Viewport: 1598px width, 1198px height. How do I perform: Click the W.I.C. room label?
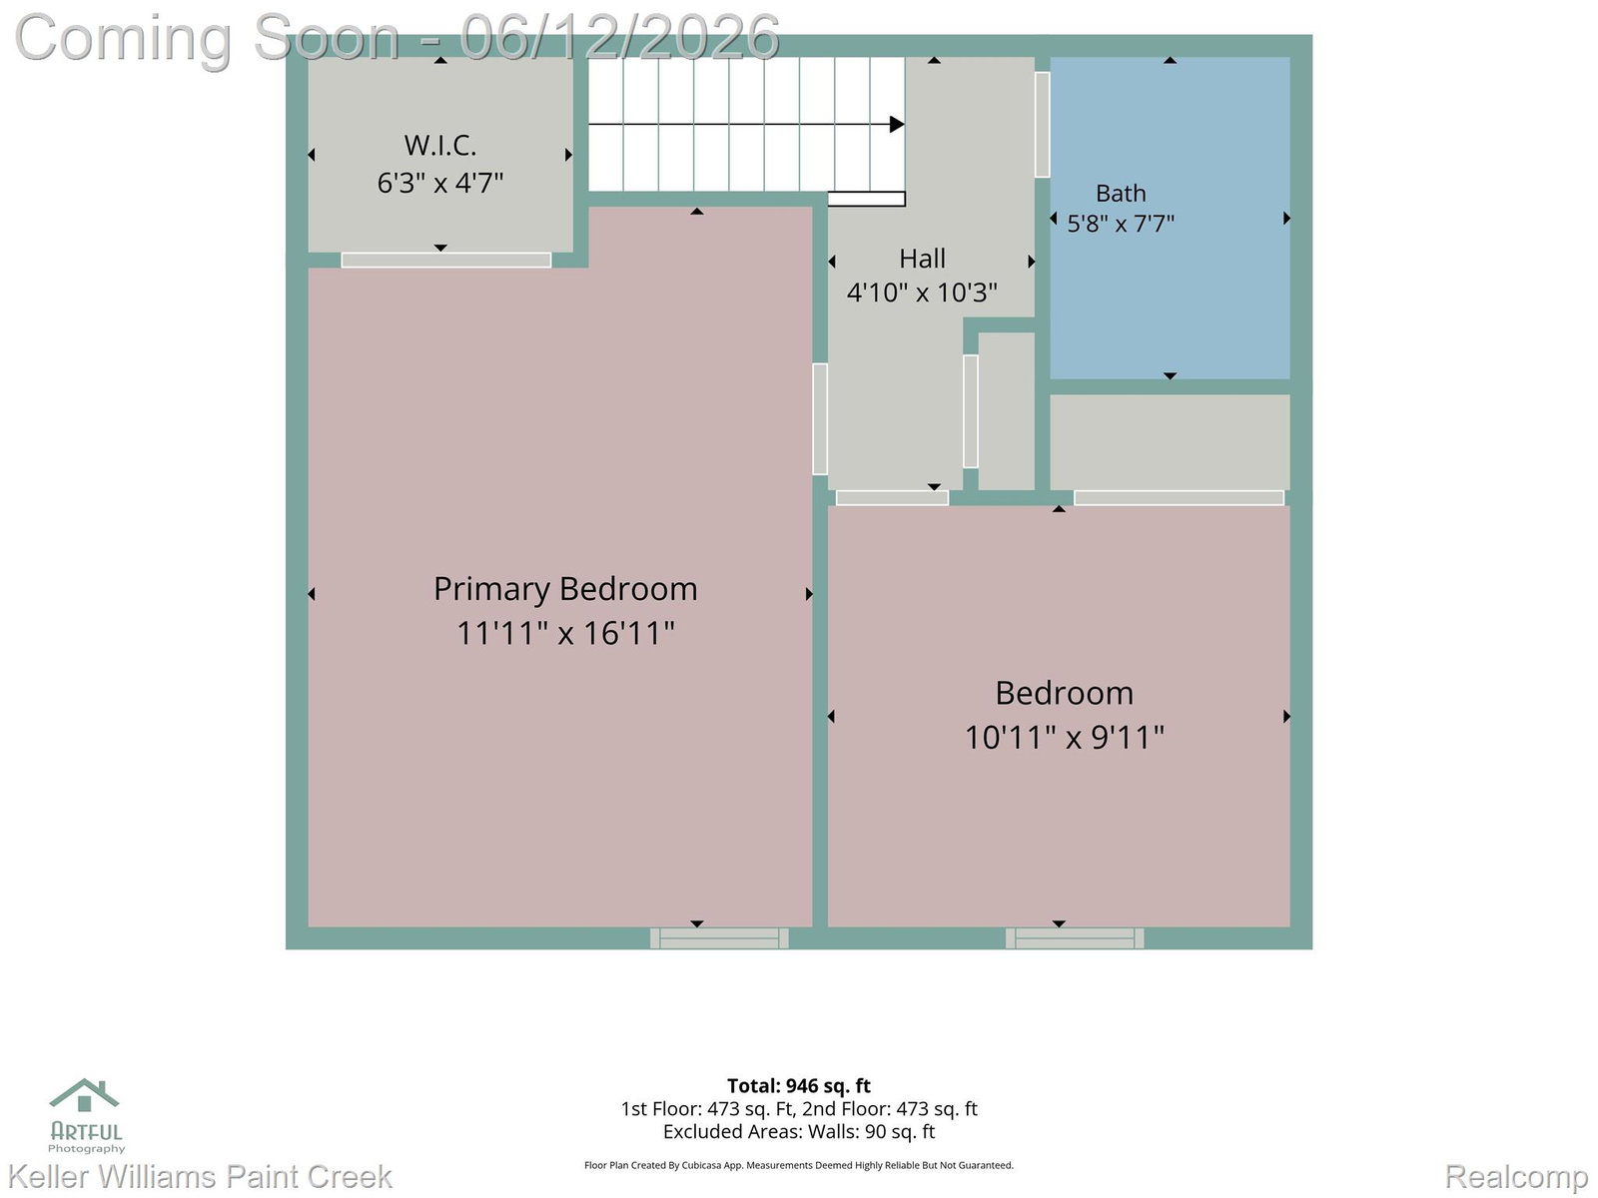click(439, 146)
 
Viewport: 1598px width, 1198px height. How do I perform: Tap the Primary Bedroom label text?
click(565, 589)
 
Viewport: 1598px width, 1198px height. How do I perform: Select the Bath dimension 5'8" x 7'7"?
click(1121, 224)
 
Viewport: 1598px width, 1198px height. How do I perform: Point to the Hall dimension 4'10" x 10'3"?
click(921, 293)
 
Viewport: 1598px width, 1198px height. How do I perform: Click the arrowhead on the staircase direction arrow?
click(897, 125)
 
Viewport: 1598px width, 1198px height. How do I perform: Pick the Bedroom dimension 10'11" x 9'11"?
click(1064, 738)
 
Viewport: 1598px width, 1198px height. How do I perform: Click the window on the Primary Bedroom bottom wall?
click(718, 937)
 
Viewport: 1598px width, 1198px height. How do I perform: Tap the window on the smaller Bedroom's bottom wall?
click(1074, 937)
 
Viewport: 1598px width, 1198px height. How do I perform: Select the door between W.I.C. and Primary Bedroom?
click(446, 260)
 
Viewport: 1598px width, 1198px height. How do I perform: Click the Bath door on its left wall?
click(1042, 125)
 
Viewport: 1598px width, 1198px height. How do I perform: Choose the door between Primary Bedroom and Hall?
click(820, 419)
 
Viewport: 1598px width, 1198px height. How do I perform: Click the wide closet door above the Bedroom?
click(1179, 497)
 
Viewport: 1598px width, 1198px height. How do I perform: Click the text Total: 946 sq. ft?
click(799, 1086)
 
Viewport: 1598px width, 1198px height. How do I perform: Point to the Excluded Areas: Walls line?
click(799, 1132)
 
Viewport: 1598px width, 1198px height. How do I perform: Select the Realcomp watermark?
click(1516, 1176)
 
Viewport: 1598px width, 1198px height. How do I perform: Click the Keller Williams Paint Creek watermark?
click(200, 1176)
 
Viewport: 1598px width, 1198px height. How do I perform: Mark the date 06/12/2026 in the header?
click(619, 38)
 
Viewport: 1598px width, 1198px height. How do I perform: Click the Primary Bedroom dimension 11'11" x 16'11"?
click(565, 633)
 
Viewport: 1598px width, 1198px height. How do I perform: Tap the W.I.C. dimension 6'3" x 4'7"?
click(439, 183)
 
